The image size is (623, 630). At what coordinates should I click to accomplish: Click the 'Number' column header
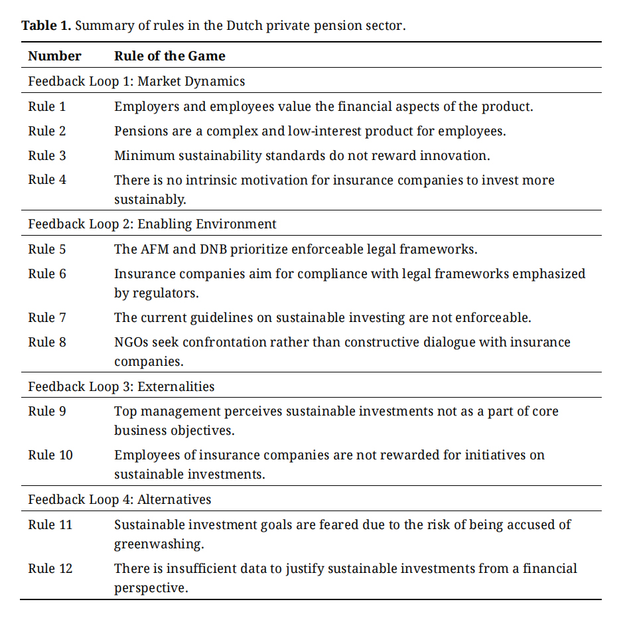(54, 56)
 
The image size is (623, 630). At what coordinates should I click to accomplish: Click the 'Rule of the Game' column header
(169, 56)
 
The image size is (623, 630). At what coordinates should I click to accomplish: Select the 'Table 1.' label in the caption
(46, 27)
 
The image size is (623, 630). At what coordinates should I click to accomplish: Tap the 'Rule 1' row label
(46, 106)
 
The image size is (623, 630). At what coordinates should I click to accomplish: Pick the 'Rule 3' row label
(46, 155)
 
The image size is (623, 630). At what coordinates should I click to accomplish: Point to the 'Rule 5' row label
(46, 250)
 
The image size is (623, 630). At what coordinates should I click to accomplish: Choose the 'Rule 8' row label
(46, 343)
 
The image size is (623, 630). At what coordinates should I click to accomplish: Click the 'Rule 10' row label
(50, 455)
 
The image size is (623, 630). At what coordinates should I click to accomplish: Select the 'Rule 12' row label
(50, 569)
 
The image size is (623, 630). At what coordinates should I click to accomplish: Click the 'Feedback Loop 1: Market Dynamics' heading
(136, 82)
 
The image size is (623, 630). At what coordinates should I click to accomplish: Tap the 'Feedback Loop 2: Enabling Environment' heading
(152, 224)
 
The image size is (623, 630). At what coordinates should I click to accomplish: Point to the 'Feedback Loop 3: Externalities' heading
(121, 386)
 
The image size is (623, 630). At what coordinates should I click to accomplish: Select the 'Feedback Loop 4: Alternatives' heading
(119, 499)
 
